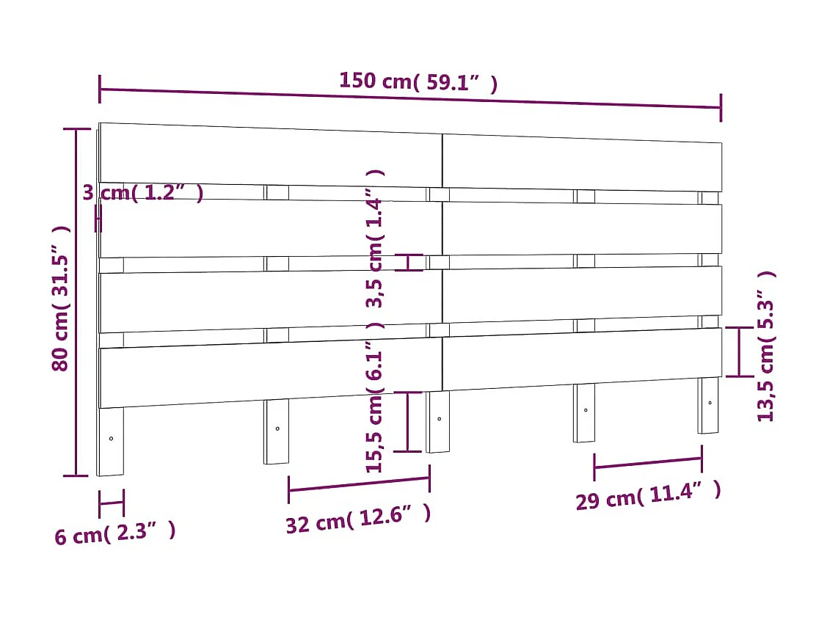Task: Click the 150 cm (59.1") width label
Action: tap(418, 81)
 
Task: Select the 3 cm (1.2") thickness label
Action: tap(142, 193)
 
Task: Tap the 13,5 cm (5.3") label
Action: tap(765, 346)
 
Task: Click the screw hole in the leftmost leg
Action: tap(111, 439)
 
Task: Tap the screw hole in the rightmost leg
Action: tap(710, 403)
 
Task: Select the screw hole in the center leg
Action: tap(439, 419)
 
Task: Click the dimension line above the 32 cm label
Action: tap(359, 484)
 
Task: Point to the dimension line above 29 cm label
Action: tap(647, 462)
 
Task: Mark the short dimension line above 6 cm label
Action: tap(112, 503)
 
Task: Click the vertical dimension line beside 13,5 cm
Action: tap(739, 352)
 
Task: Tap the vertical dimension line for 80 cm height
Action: tap(76, 302)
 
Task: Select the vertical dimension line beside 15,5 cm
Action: tap(409, 421)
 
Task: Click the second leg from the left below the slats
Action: tap(276, 432)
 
